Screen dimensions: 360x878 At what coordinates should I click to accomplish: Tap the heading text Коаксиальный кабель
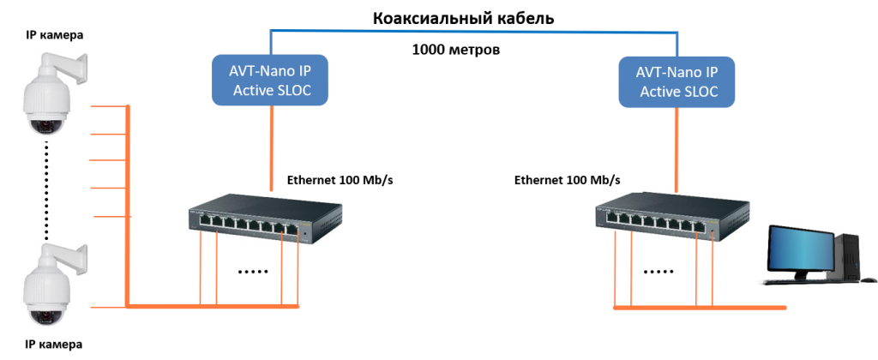tap(451, 17)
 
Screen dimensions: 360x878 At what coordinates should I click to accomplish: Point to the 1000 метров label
tap(455, 50)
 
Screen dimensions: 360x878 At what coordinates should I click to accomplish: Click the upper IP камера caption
tap(55, 35)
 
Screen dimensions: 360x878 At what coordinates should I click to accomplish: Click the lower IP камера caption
tap(55, 344)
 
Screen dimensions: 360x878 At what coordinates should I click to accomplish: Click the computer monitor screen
tap(799, 249)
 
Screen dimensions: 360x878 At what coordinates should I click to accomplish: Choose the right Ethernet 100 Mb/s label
tap(567, 181)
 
